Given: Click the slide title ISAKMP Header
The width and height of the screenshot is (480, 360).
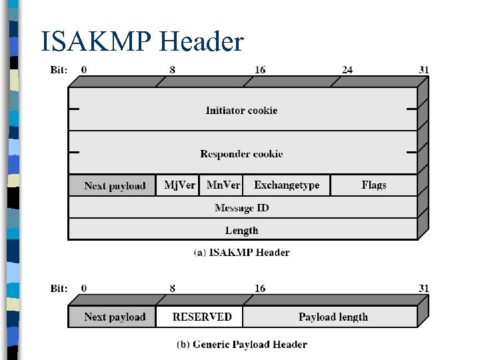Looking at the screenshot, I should (x=142, y=42).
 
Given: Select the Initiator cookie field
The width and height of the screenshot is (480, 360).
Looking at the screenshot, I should (x=241, y=110).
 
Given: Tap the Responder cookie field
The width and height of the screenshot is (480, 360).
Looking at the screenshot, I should (x=241, y=154).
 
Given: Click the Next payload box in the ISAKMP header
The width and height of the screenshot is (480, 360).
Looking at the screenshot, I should (x=114, y=185).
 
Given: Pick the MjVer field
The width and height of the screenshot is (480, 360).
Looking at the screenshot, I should (x=179, y=185).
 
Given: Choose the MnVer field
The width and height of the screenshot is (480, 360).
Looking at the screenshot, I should (x=223, y=185).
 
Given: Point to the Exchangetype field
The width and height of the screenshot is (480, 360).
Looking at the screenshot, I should (x=287, y=185).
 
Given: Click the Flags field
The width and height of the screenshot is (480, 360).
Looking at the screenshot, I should (x=373, y=185).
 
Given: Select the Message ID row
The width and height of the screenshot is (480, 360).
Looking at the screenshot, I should (x=241, y=208).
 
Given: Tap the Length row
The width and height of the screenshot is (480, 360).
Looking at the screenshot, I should (x=241, y=231).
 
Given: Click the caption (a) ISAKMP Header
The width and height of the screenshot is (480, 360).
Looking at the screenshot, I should (x=241, y=253).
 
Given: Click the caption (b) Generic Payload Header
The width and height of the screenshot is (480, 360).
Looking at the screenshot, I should (x=241, y=345).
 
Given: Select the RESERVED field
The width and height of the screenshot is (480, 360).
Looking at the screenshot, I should (x=201, y=317).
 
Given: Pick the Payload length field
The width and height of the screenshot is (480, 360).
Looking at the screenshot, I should (x=333, y=317).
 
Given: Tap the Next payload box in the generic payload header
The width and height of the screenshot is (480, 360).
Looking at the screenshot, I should (x=114, y=317).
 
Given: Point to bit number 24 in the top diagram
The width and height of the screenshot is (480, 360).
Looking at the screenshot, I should (x=347, y=69).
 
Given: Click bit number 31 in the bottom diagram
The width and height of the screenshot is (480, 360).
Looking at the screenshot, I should (x=423, y=288).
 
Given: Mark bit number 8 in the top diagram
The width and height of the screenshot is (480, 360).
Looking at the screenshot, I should (x=173, y=69).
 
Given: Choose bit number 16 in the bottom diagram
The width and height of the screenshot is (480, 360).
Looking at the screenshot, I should (x=259, y=288).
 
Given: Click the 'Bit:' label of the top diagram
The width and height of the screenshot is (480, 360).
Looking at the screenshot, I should (x=59, y=69).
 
